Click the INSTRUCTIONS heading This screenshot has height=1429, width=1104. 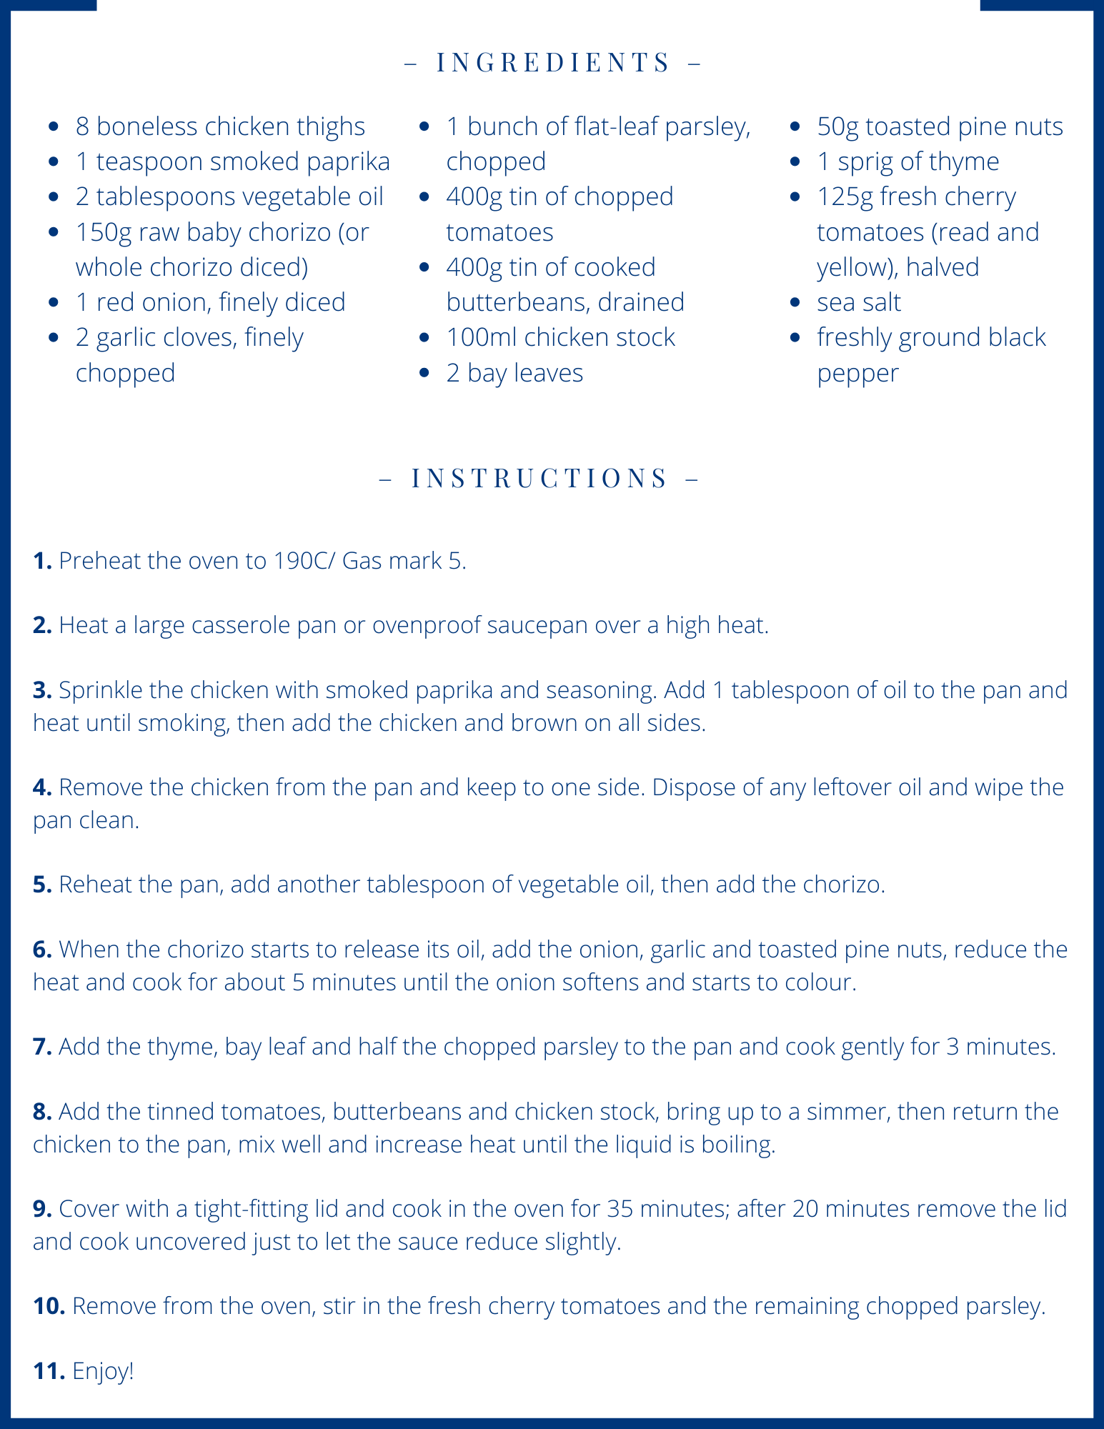539,477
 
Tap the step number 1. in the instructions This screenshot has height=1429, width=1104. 42,561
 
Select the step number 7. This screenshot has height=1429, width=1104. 42,1047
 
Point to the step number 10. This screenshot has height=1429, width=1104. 49,1306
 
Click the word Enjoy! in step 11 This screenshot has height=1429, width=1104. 103,1371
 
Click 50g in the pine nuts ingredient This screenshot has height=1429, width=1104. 837,127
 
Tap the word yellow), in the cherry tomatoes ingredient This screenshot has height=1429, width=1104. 857,267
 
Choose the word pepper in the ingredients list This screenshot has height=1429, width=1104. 857,374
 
